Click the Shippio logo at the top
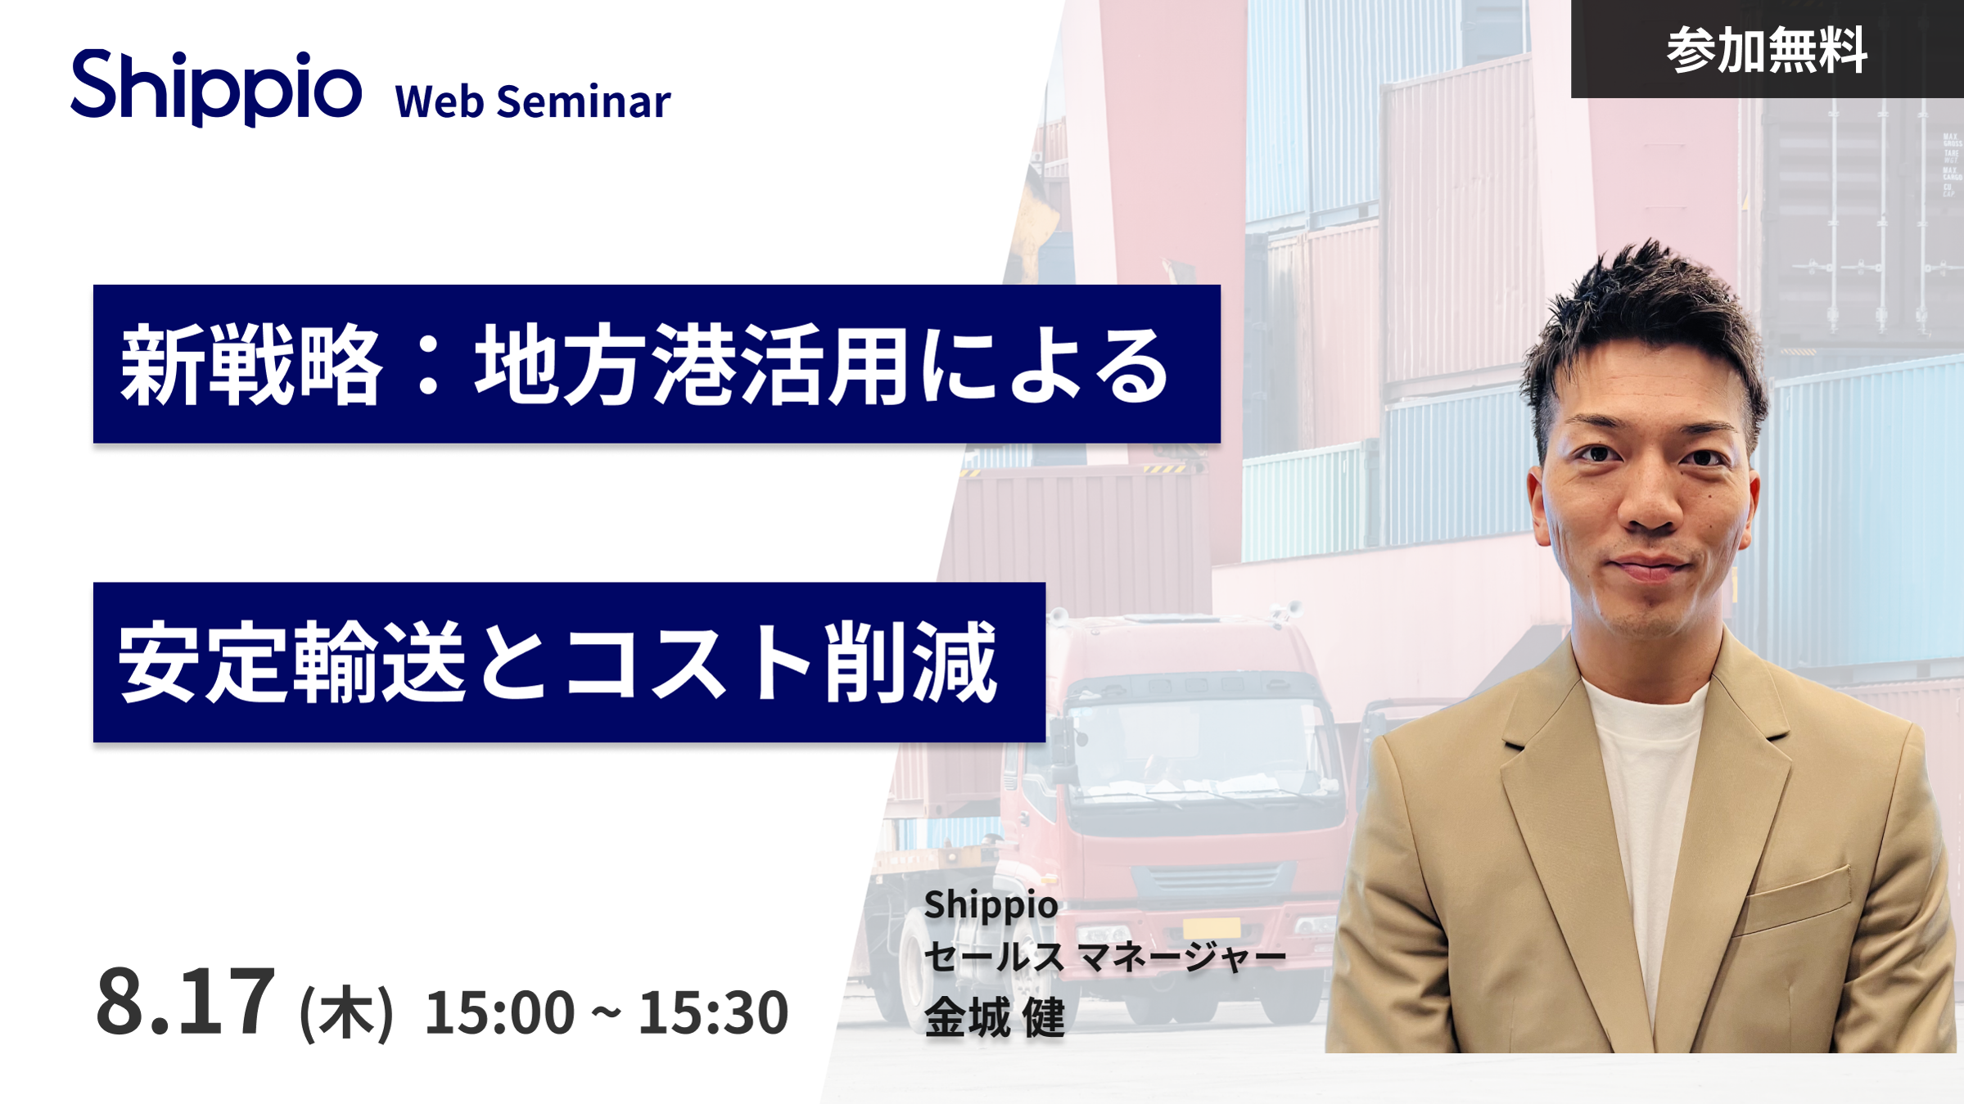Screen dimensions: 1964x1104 pos(216,87)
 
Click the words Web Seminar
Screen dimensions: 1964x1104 pos(532,101)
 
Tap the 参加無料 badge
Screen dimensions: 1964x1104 pos(1767,49)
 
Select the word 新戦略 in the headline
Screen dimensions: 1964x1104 pos(251,364)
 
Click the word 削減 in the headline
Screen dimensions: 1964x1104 pos(911,661)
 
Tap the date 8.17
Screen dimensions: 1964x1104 pos(185,1001)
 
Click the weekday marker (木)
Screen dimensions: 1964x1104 pos(347,1013)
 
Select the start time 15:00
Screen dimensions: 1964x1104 pos(499,1012)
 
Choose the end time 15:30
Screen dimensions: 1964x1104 pos(713,1012)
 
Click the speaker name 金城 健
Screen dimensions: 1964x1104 pos(995,1017)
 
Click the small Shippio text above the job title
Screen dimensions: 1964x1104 pos(991,905)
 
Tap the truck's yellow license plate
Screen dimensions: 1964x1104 pos(1212,928)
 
